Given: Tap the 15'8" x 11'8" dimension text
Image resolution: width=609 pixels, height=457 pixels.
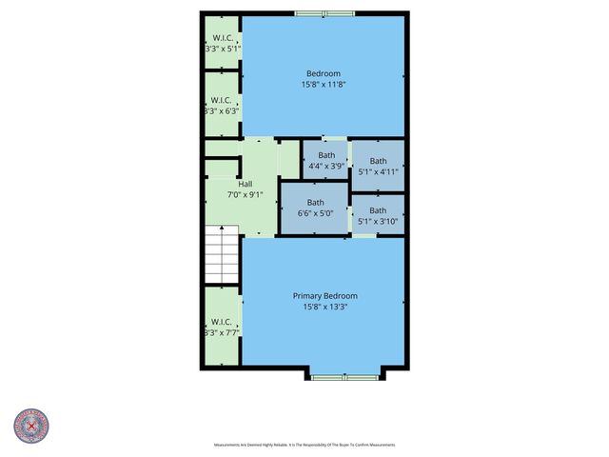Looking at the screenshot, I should [x=323, y=84].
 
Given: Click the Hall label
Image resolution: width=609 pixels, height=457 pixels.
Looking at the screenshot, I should [x=245, y=184].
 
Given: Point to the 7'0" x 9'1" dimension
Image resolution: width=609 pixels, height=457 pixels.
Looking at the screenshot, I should [x=245, y=194].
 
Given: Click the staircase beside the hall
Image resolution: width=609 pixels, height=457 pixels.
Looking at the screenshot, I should [x=223, y=254].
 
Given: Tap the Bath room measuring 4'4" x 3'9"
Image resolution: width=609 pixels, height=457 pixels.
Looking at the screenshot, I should [x=326, y=160].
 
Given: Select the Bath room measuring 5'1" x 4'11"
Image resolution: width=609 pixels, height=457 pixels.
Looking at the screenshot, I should [x=379, y=167].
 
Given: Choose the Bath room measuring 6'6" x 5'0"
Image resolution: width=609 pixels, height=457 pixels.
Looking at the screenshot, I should [x=315, y=208].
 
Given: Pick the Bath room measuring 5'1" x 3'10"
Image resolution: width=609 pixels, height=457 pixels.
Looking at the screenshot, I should [x=378, y=215].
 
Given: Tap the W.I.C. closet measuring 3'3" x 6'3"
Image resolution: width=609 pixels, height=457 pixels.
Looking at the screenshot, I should [x=221, y=104].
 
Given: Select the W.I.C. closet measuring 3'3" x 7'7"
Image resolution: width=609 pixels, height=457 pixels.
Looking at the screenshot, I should [x=221, y=327].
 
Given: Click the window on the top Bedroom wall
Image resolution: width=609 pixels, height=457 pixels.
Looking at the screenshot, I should [x=324, y=13].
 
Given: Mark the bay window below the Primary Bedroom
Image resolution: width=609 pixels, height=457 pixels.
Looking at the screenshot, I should [x=346, y=377].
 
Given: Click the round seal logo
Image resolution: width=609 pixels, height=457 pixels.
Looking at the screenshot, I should [x=31, y=427].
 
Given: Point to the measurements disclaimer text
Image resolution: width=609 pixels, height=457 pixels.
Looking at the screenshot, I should [x=304, y=445].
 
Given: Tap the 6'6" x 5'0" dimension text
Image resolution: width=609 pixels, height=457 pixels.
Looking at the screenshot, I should [x=315, y=213].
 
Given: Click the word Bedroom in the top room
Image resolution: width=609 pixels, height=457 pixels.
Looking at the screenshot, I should [x=323, y=73].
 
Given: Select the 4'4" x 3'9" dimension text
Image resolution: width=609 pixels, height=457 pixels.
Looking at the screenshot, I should [x=326, y=166].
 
